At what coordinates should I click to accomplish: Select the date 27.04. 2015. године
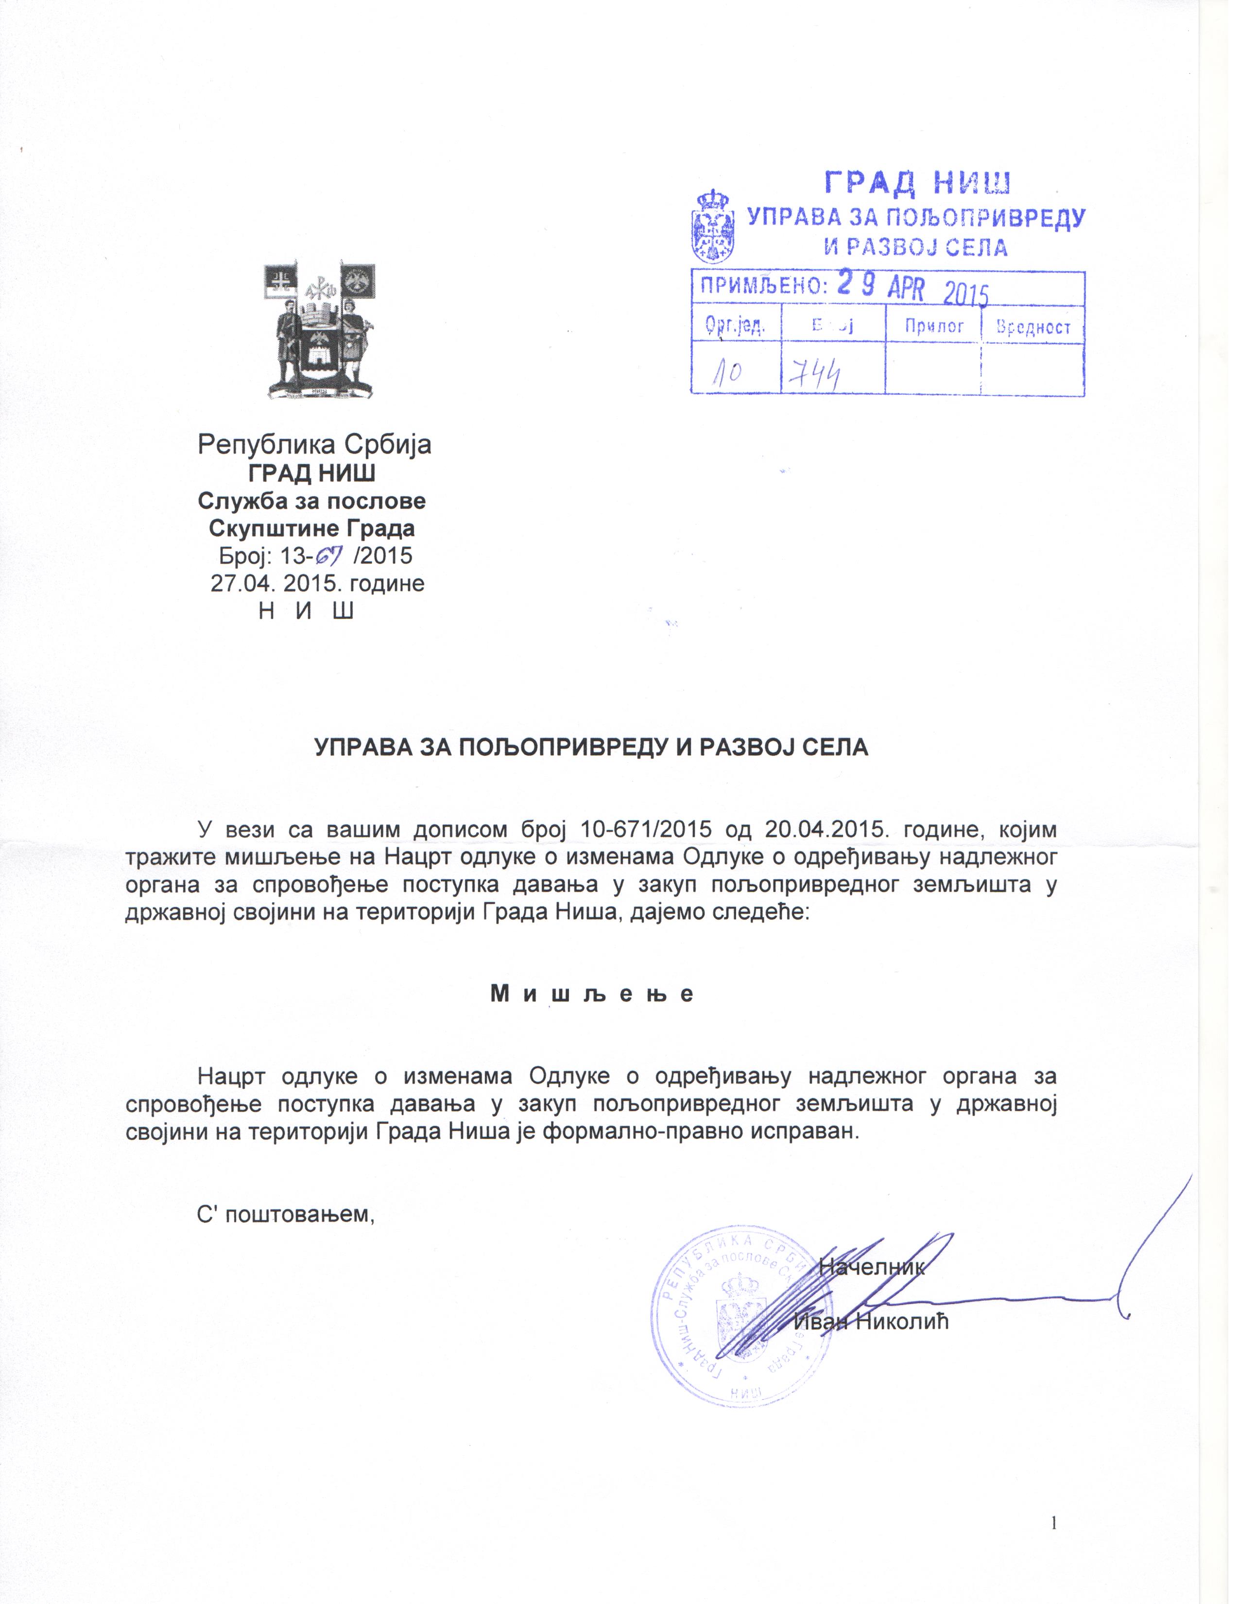(317, 583)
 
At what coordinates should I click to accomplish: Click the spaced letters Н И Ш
(307, 610)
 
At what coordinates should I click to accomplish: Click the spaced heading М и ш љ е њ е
(592, 994)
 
